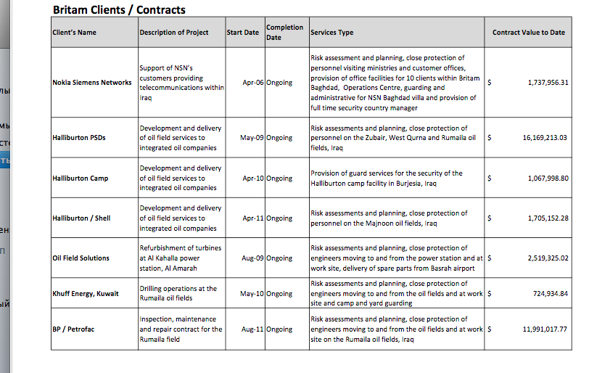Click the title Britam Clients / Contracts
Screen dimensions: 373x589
pos(119,10)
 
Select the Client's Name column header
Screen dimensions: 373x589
pos(74,33)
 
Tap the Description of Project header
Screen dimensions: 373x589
pos(173,33)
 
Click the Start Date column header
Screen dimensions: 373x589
pos(242,33)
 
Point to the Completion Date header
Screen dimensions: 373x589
pos(284,33)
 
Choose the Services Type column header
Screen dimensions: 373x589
pos(332,33)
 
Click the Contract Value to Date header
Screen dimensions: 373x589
pos(528,33)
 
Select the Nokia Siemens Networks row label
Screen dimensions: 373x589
pos(92,83)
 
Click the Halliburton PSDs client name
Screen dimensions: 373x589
pos(80,138)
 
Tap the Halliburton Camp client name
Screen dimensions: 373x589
pos(81,179)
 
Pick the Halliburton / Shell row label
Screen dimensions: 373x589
pos(81,218)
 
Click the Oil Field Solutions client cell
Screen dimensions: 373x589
pos(81,258)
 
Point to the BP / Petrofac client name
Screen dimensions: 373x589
pos(73,329)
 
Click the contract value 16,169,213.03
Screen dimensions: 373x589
pos(544,138)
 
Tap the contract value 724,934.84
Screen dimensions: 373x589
pos(550,294)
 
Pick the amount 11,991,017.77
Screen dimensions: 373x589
pos(544,329)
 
